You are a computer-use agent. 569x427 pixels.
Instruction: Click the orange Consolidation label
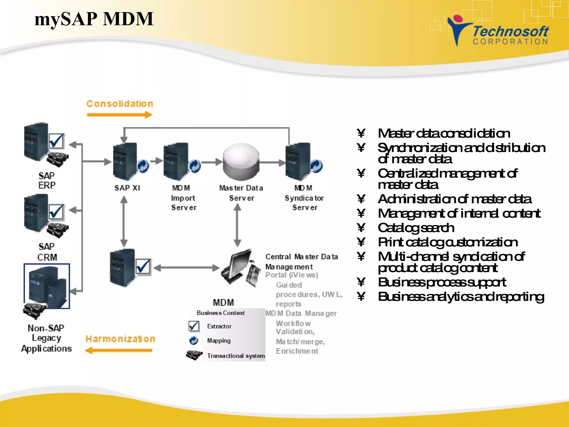120,104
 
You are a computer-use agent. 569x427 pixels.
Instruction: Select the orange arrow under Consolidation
119,115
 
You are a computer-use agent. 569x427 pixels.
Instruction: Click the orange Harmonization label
120,339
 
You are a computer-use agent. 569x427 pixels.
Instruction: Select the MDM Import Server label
183,198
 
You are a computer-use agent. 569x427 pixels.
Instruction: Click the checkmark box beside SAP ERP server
56,141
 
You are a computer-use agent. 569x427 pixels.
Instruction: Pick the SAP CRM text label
47,252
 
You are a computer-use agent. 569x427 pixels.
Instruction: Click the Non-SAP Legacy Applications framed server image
47,286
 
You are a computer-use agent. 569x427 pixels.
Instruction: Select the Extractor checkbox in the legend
194,326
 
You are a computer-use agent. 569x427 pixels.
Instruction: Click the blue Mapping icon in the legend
194,341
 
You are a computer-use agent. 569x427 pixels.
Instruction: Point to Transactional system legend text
236,356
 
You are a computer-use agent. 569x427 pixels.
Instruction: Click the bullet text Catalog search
416,228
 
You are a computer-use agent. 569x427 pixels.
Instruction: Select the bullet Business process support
442,282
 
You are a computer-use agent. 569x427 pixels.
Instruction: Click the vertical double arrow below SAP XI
124,221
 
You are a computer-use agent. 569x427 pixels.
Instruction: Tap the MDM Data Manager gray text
301,314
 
